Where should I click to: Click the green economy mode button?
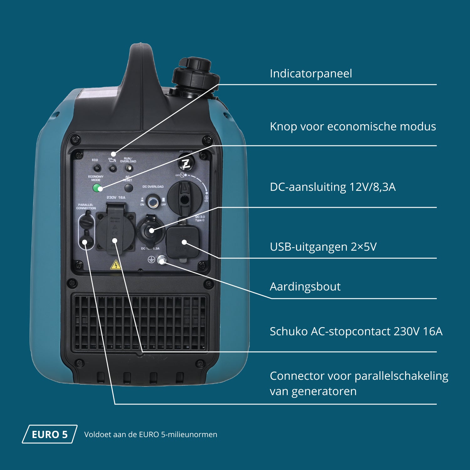click(x=97, y=188)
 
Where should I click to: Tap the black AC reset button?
click(x=128, y=188)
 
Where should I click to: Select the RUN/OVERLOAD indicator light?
click(x=128, y=168)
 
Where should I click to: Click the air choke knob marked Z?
click(x=186, y=163)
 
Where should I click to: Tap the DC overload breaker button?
click(x=153, y=202)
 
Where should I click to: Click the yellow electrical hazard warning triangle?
click(x=116, y=265)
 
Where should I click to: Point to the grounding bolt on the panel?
click(x=161, y=260)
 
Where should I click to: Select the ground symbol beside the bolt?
click(x=151, y=259)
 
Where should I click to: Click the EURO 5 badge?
click(x=50, y=434)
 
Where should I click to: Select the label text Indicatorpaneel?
click(x=311, y=74)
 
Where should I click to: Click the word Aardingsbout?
click(x=305, y=287)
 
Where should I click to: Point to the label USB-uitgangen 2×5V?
click(x=323, y=247)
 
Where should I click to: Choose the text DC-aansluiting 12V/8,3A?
click(x=332, y=187)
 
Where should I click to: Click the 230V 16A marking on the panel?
click(x=116, y=198)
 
